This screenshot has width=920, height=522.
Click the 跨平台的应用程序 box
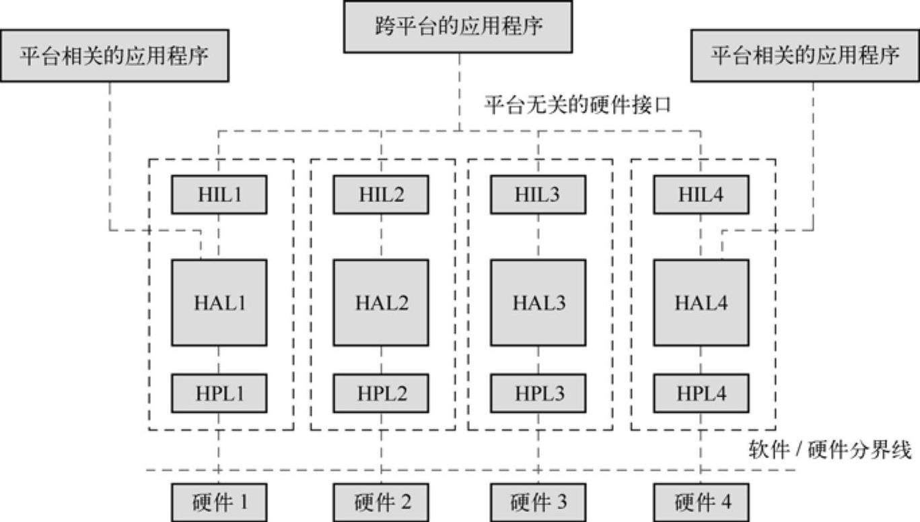point(458,26)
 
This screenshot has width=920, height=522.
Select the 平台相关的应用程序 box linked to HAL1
point(114,55)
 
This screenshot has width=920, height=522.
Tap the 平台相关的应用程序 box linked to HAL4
point(805,55)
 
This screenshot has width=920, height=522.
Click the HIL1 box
point(219,195)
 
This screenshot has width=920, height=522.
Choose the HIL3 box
point(538,195)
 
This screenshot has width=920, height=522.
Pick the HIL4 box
point(701,195)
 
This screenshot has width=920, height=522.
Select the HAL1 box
point(219,303)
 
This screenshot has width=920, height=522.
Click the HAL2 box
point(382,303)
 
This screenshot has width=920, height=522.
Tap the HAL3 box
point(538,303)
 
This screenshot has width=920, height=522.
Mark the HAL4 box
point(701,303)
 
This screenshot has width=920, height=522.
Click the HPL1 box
point(219,393)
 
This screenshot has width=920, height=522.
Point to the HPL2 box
point(382,393)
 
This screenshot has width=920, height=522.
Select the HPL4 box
point(701,393)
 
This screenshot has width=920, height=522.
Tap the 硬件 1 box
point(219,502)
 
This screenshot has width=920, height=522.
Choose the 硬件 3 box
point(538,502)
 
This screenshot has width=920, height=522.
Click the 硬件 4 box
point(701,502)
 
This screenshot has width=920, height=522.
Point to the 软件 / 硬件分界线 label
point(830,451)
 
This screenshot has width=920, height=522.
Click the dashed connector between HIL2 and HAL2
point(382,236)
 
